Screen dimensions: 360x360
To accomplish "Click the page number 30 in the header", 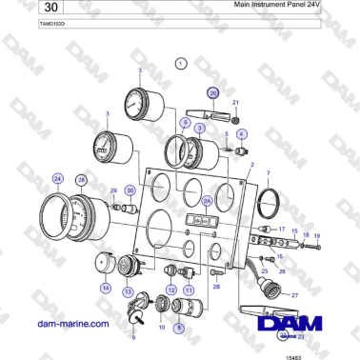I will (30, 10).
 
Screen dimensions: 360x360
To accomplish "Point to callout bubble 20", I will (213, 92).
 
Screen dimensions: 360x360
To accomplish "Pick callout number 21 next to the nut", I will (236, 101).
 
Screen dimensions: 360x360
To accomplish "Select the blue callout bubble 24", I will (58, 178).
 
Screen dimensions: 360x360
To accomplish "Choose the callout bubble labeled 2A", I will (206, 201).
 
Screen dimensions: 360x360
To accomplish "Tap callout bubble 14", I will (106, 287).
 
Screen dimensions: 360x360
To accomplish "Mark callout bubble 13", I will (128, 292).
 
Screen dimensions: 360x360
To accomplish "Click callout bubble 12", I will (171, 289).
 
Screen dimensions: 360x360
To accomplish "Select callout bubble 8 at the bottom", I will (178, 327).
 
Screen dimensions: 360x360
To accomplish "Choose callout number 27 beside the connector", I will (295, 295).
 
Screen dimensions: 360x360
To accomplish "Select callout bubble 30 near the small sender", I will (130, 190).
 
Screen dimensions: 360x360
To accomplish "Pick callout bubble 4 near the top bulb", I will (242, 134).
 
